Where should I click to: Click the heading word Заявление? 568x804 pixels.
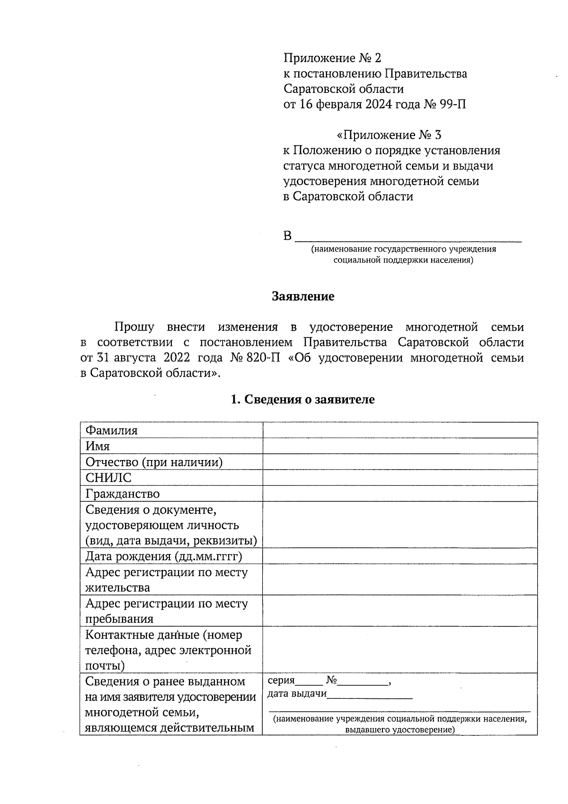[303, 297]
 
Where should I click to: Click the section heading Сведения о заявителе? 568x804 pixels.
[302, 399]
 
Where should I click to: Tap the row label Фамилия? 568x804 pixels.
[111, 431]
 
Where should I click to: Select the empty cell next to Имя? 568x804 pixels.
[400, 446]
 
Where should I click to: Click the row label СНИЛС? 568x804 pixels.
[108, 478]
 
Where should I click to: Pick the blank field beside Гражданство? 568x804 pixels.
[400, 494]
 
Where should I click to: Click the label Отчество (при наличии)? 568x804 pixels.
[154, 462]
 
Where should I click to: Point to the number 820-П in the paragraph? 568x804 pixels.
[266, 358]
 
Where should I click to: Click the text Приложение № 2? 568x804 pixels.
[332, 58]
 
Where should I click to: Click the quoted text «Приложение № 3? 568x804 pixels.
[389, 136]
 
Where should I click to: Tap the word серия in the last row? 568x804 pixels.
[281, 681]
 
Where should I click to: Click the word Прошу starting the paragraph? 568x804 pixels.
[134, 327]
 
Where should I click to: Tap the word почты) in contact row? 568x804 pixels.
[105, 666]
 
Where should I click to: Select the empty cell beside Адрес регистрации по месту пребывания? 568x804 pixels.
[400, 611]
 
